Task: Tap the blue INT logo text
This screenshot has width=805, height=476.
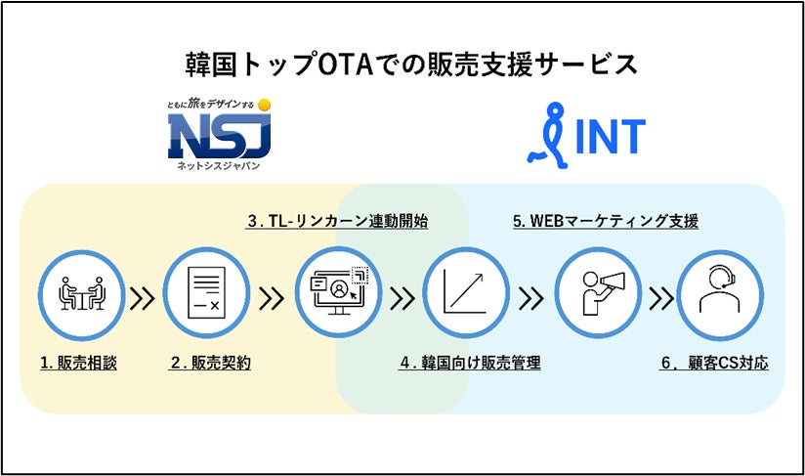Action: click(x=609, y=138)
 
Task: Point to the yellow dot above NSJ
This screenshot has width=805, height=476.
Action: click(x=264, y=104)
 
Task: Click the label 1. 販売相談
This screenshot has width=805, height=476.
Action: click(x=78, y=363)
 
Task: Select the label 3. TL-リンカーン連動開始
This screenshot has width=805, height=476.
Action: click(x=337, y=221)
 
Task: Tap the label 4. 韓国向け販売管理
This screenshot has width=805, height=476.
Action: click(x=470, y=363)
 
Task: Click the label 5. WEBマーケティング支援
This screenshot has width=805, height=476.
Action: click(x=606, y=221)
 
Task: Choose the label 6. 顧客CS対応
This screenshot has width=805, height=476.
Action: click(x=714, y=363)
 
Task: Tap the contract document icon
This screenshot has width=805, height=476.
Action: click(x=205, y=291)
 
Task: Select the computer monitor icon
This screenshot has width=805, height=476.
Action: click(x=337, y=291)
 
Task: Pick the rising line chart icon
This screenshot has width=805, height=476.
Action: click(x=466, y=291)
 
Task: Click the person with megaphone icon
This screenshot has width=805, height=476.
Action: click(x=595, y=291)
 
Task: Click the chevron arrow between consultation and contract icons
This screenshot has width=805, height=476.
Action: click(x=143, y=296)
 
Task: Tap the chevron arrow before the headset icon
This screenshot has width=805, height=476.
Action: click(x=660, y=296)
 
